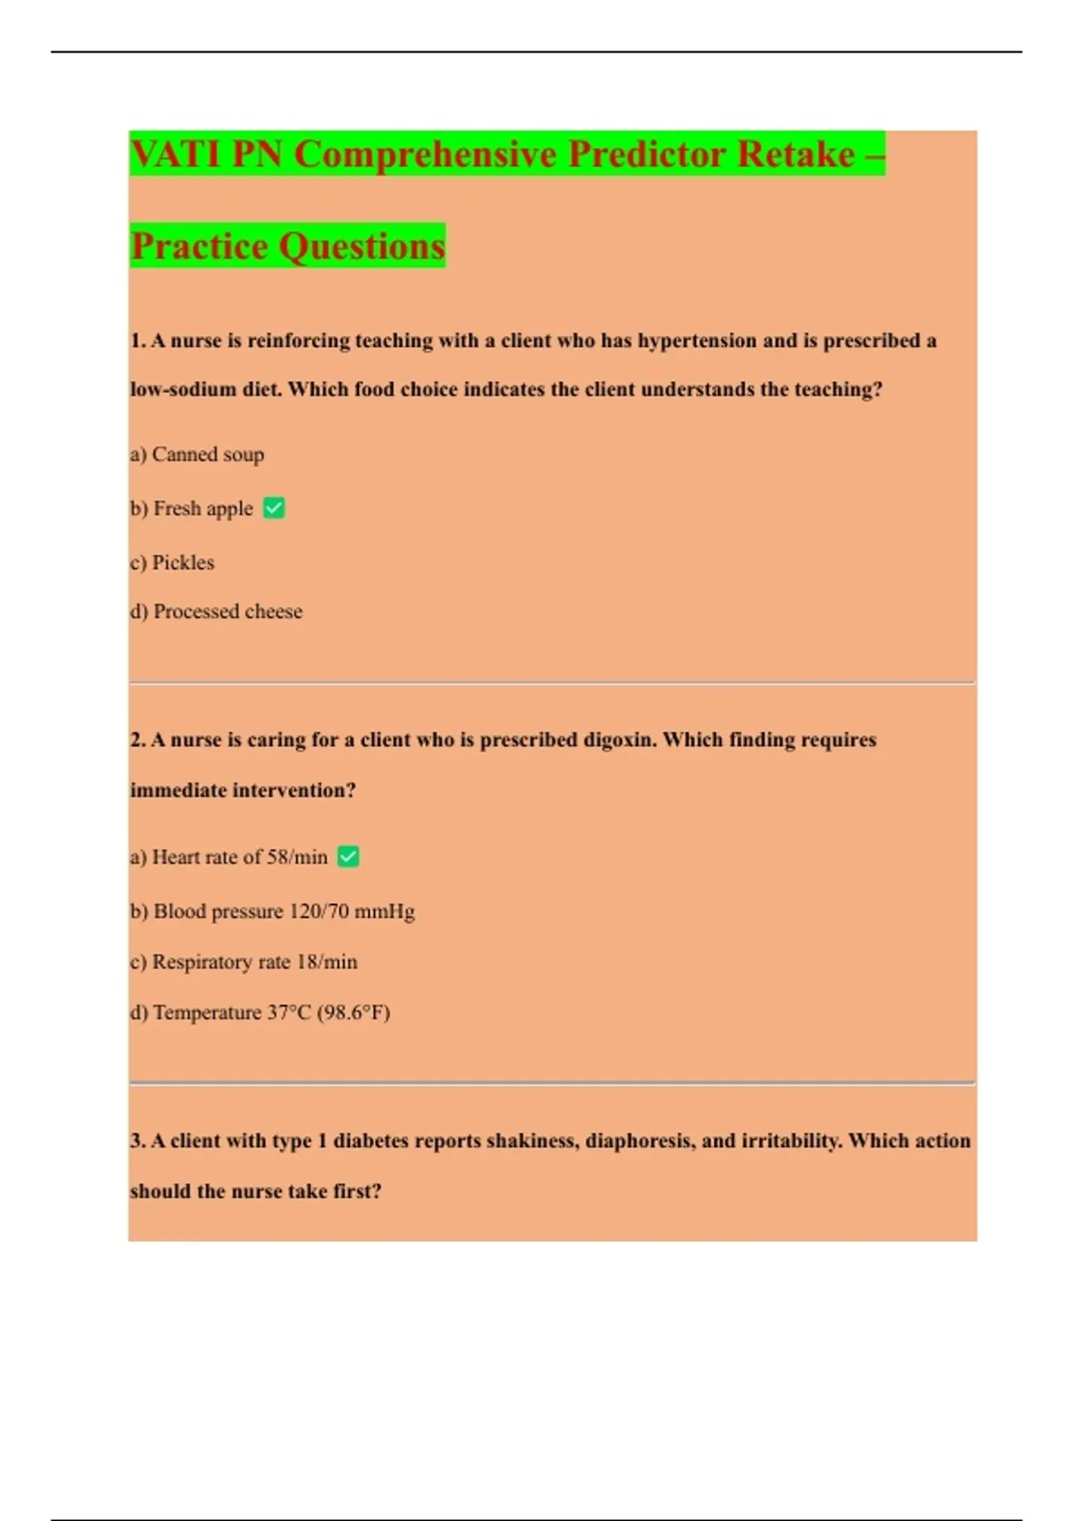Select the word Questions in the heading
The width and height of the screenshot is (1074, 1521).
[x=362, y=246]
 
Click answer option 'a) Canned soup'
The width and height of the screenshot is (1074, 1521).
[x=197, y=455]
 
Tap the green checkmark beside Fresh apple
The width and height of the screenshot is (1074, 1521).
[x=274, y=508]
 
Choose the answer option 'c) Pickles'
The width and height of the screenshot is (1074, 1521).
[x=172, y=563]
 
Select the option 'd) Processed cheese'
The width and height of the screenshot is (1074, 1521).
[x=216, y=612]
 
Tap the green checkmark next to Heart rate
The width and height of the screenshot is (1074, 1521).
[x=348, y=857]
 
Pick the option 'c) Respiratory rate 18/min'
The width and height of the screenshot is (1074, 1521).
[x=243, y=962]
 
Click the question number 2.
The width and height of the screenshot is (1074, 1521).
[x=137, y=740]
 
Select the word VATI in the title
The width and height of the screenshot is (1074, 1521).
[x=176, y=154]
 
